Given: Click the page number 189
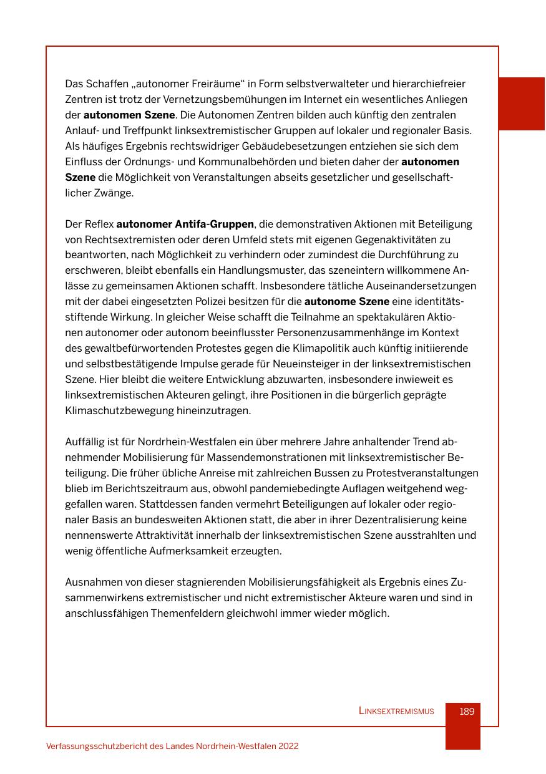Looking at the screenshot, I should [x=467, y=712].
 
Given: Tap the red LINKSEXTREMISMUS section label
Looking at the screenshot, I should [x=396, y=712].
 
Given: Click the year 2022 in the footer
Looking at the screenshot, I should [x=288, y=746].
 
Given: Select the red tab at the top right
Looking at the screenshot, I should [x=522, y=104].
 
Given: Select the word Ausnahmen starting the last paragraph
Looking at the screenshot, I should [x=90, y=583].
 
